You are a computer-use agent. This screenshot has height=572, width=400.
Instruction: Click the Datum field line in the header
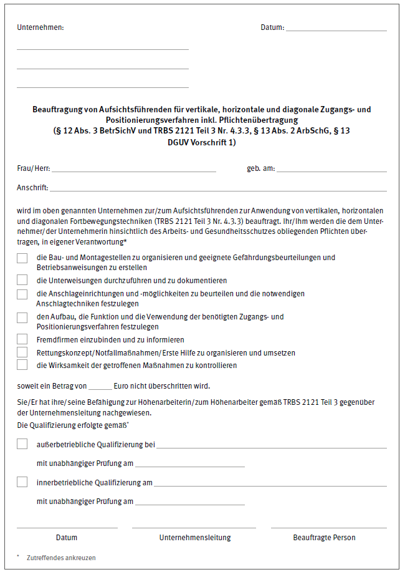pos(336,30)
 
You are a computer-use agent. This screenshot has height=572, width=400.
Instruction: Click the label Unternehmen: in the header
pos(40,27)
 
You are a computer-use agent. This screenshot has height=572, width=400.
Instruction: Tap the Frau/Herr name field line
pos(134,170)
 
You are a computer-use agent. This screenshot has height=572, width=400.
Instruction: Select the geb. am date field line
pos(332,170)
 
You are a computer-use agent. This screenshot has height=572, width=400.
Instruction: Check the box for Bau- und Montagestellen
pos(22,258)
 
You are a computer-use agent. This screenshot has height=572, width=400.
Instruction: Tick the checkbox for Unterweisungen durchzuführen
pos(22,280)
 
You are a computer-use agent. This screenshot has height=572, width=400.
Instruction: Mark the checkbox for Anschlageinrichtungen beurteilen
pos(22,294)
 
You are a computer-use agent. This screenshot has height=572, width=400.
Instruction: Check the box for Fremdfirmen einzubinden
pos(22,339)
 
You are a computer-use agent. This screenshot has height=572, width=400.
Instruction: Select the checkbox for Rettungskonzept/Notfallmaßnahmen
pos(22,352)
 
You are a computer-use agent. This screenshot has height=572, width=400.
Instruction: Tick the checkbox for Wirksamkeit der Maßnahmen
pos(22,365)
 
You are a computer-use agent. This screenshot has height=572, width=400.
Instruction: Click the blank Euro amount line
pos(100,387)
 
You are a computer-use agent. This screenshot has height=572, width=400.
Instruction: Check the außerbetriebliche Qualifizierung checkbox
pos(22,444)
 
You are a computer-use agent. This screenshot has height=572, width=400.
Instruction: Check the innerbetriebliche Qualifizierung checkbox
pos(22,482)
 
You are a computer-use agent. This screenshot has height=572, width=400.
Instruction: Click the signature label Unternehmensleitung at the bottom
pos(195,538)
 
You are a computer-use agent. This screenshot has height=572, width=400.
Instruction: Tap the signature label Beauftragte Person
pos(325,538)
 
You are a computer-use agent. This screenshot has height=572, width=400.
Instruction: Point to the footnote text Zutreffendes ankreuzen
pos(61,558)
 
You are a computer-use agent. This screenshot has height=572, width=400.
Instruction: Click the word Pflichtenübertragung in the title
pos(264,119)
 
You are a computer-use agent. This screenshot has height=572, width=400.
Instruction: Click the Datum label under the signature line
pos(67,538)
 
